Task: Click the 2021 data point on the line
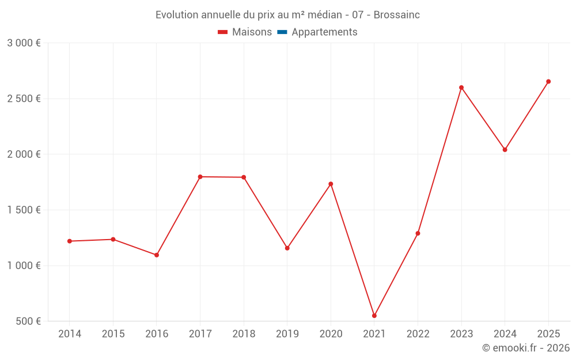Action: point(374,316)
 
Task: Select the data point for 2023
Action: point(461,88)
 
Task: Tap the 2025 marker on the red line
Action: point(548,82)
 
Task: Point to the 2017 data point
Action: point(200,177)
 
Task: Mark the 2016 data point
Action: point(157,255)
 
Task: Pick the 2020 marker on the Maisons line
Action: point(331,184)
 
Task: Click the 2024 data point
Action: point(505,150)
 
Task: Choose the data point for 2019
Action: point(287,248)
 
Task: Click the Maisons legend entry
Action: point(245,32)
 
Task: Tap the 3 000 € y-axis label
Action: point(24,43)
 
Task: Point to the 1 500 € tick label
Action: point(24,210)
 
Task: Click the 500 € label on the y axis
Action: point(28,321)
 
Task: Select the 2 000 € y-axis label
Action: point(24,154)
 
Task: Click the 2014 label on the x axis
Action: point(70,334)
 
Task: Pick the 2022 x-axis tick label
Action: point(418,334)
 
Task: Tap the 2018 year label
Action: point(244,334)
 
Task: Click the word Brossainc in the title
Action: point(397,15)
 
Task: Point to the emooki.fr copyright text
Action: point(526,348)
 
